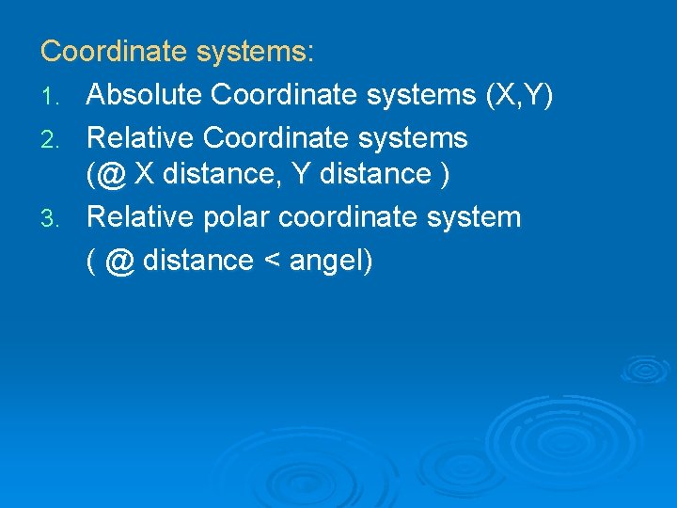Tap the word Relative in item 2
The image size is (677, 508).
pos(140,138)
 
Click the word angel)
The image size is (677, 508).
pos(331,261)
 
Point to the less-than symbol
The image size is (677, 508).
pos(271,261)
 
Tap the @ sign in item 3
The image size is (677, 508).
pos(119,261)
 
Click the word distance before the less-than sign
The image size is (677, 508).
pos(197,261)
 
